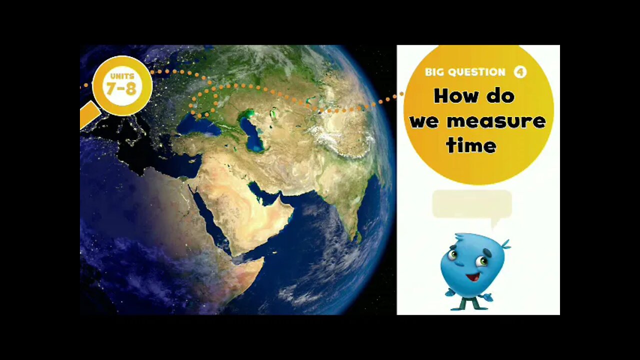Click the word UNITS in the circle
click(x=122, y=76)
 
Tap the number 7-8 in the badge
click(x=121, y=88)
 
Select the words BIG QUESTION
click(x=465, y=72)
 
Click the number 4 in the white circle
click(x=520, y=72)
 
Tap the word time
click(x=471, y=145)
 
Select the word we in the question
click(x=424, y=121)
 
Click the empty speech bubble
click(x=471, y=203)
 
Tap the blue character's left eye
click(x=452, y=255)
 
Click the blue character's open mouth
click(x=472, y=276)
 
